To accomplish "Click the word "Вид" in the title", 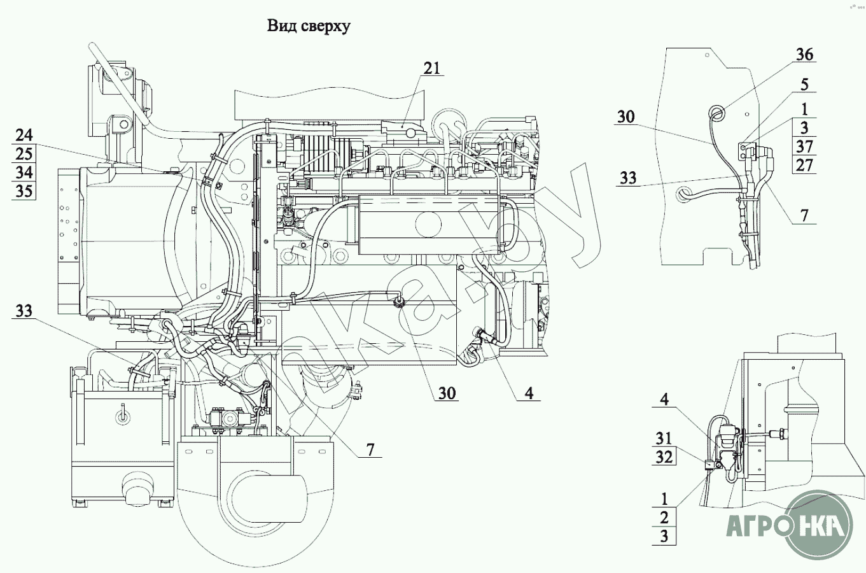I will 281,26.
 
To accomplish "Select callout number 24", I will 24,135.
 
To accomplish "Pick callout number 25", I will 24,153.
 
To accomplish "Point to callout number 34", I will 24,173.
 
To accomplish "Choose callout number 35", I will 24,191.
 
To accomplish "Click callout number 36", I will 804,54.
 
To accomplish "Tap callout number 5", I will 804,85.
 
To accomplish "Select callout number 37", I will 804,146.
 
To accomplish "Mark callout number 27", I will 804,166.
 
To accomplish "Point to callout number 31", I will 664,439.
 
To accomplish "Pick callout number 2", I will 664,517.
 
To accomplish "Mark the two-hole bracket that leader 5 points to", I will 744,150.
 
